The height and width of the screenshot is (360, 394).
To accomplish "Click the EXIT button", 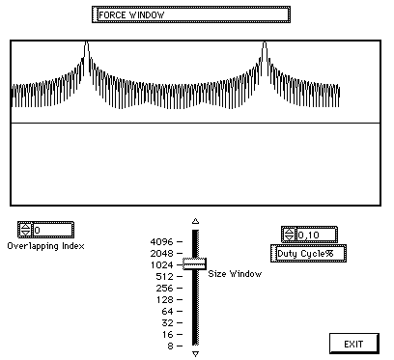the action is click(354, 344).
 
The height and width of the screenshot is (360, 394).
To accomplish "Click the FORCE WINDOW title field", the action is click(191, 14).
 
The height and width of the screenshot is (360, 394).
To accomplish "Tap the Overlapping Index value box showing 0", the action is click(53, 230).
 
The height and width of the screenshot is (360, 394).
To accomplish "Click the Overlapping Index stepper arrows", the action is click(25, 230).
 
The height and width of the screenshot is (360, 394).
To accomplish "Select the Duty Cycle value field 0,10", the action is click(317, 235).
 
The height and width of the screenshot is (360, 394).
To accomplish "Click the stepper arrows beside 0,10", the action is click(289, 235).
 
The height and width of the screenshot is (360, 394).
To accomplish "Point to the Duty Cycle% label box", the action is click(308, 254).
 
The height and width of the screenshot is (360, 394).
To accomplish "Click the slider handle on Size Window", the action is click(195, 263).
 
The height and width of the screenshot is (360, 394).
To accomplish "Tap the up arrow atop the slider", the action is click(195, 221).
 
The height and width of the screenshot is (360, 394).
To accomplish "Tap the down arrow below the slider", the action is click(195, 354).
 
